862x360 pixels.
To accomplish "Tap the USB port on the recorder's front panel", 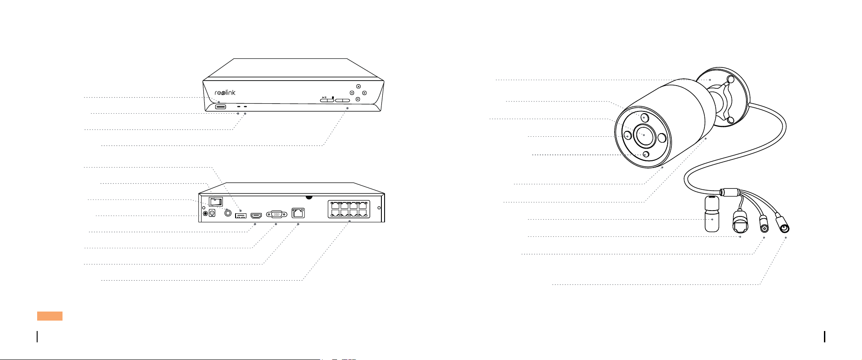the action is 221,107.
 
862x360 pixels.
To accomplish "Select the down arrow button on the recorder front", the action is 358,99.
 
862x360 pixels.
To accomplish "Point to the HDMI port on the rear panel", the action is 256,214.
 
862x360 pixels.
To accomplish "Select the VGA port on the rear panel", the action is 276,214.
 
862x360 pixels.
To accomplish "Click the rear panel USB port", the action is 240,215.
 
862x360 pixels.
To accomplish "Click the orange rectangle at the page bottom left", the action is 50,316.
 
